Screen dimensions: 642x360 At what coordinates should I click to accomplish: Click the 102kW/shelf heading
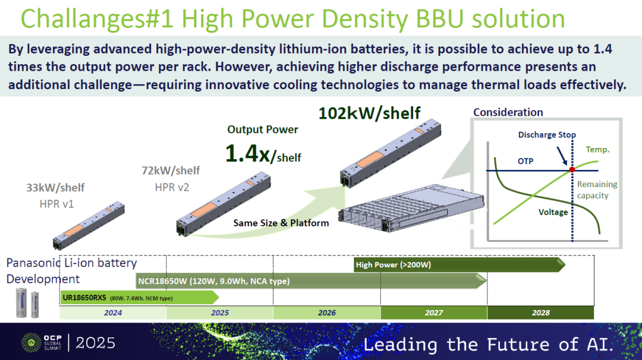pyautogui.click(x=369, y=113)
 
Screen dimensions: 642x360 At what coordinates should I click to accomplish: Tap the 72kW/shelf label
pyautogui.click(x=171, y=170)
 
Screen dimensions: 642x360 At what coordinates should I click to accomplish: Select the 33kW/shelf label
pyautogui.click(x=55, y=188)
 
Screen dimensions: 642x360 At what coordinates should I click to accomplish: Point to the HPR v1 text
pyautogui.click(x=56, y=204)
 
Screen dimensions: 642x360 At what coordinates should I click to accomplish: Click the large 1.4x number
pyautogui.click(x=248, y=154)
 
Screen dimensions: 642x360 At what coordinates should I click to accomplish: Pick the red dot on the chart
pyautogui.click(x=572, y=169)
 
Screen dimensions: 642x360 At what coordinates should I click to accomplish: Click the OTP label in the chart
pyautogui.click(x=525, y=161)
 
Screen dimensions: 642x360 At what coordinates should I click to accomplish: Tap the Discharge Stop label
pyautogui.click(x=547, y=135)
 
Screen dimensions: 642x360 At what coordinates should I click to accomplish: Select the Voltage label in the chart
pyautogui.click(x=553, y=212)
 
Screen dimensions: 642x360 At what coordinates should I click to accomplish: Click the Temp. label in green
pyautogui.click(x=597, y=150)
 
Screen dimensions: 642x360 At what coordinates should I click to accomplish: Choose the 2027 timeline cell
pyautogui.click(x=434, y=312)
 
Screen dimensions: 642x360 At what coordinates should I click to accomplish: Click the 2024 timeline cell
pyautogui.click(x=113, y=312)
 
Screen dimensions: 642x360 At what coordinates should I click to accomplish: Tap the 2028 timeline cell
pyautogui.click(x=540, y=312)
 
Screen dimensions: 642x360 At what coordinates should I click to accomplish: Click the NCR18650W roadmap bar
pyautogui.click(x=311, y=281)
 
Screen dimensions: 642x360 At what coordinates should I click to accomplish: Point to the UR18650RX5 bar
pyautogui.click(x=140, y=298)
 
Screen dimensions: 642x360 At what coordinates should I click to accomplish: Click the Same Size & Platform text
pyautogui.click(x=281, y=223)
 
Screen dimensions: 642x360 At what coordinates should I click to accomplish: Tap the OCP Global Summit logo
pyautogui.click(x=42, y=342)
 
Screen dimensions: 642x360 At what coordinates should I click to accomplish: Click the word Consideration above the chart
pyautogui.click(x=508, y=112)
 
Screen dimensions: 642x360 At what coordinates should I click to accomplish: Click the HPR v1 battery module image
pyautogui.click(x=89, y=225)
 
